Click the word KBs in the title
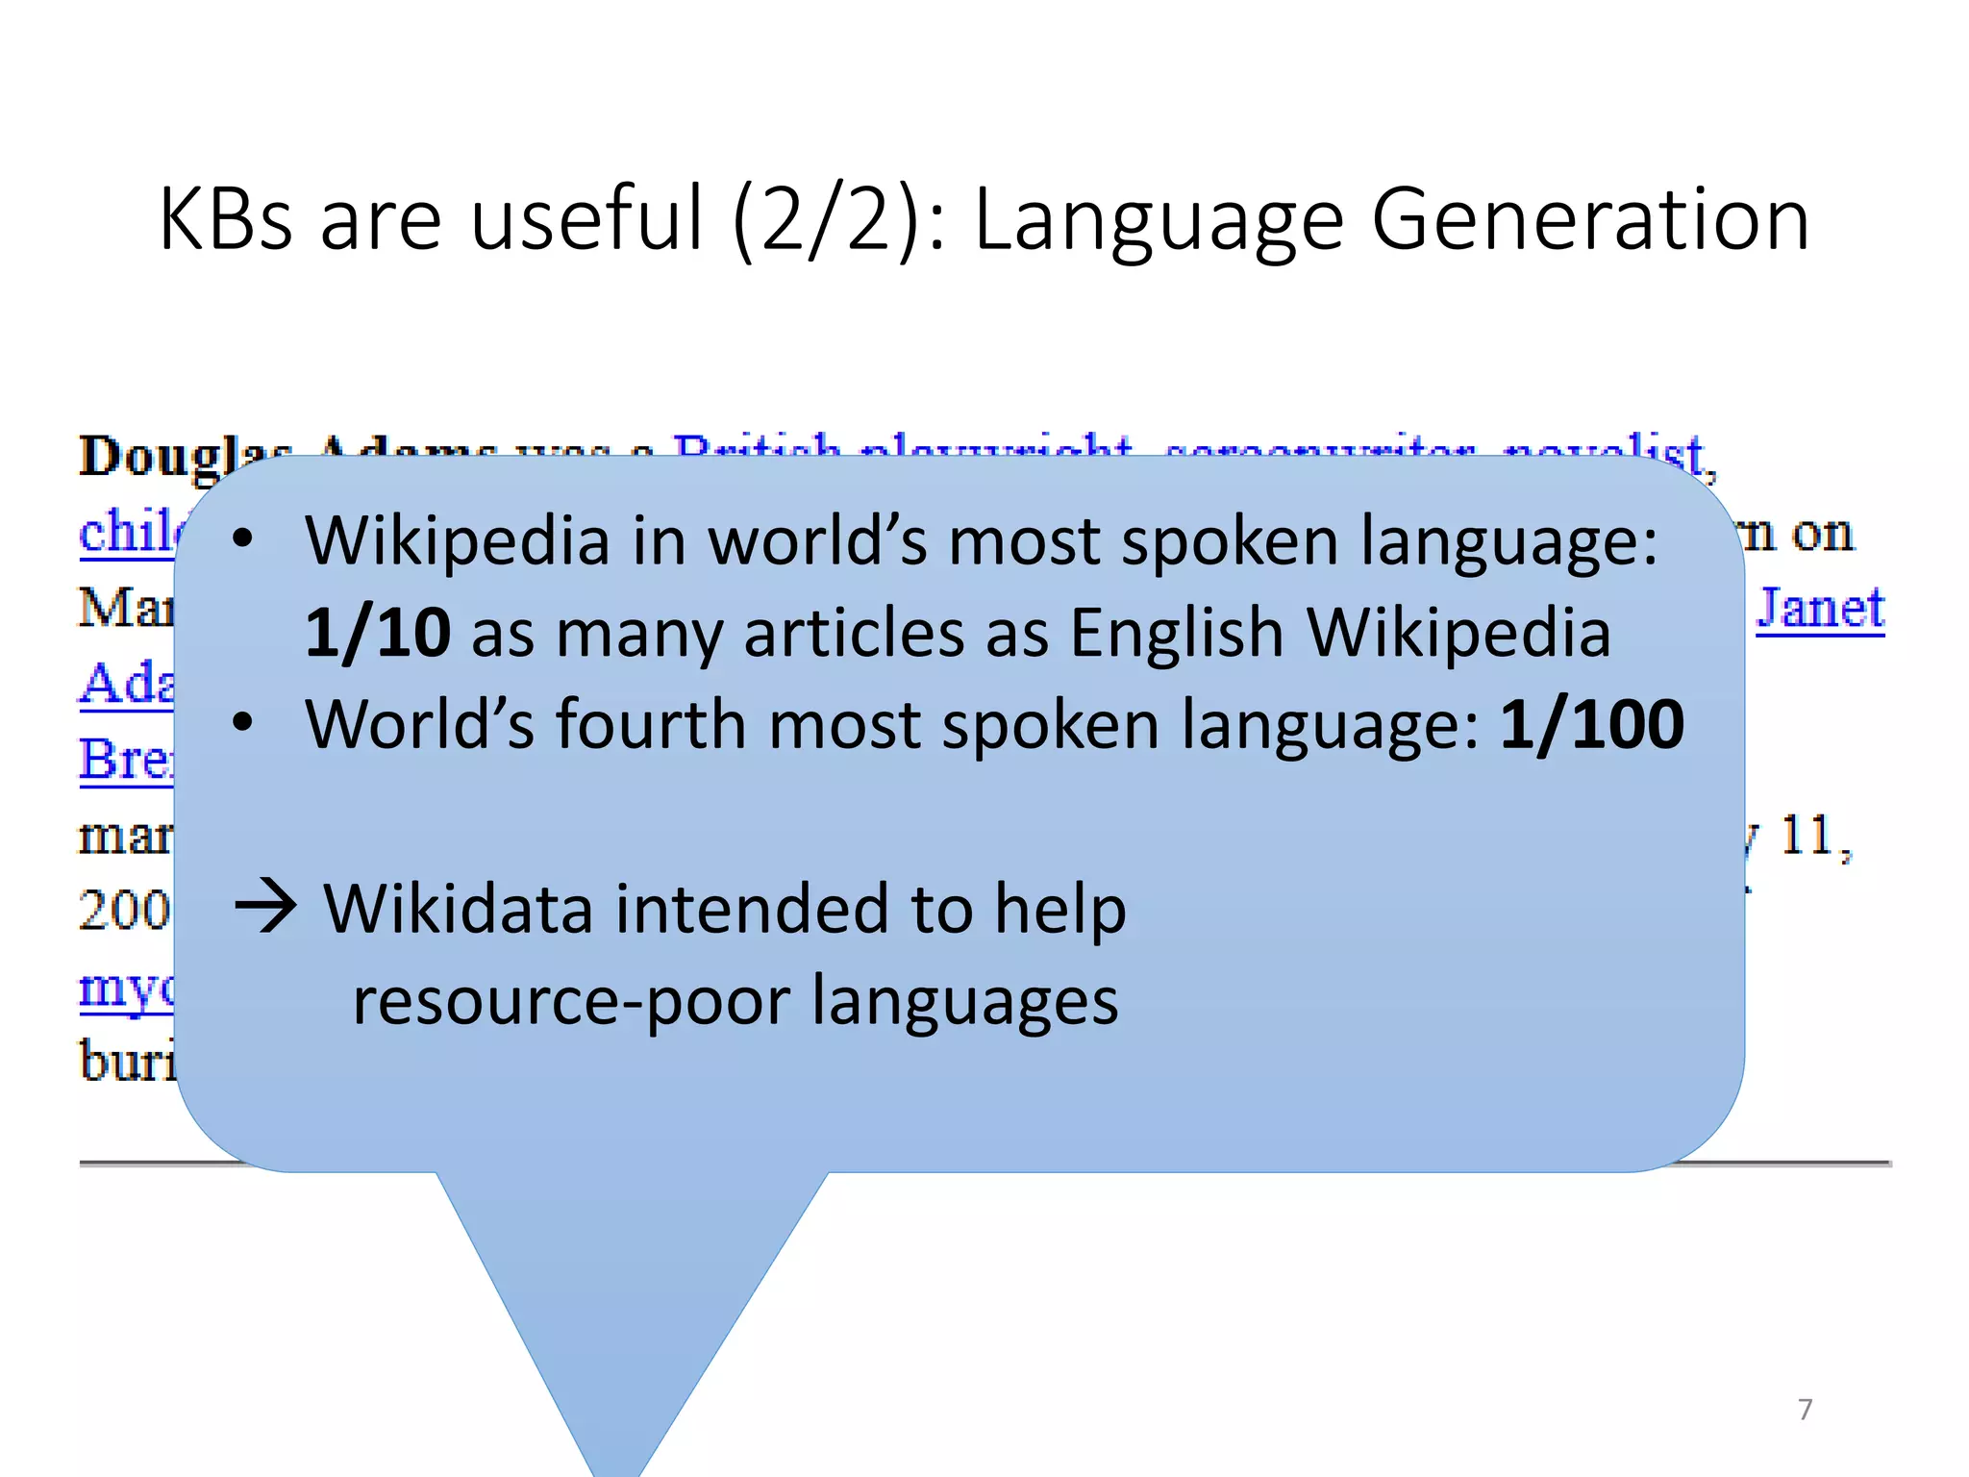(x=225, y=219)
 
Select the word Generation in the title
(x=1590, y=219)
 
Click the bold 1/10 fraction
(x=377, y=633)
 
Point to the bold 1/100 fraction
(x=1592, y=724)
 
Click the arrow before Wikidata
(x=266, y=908)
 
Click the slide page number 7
(x=1805, y=1410)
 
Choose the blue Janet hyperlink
(x=1820, y=608)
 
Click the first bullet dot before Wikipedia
(x=242, y=540)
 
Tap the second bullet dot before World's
(x=242, y=723)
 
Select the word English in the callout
(x=1177, y=633)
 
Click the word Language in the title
(x=1159, y=219)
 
